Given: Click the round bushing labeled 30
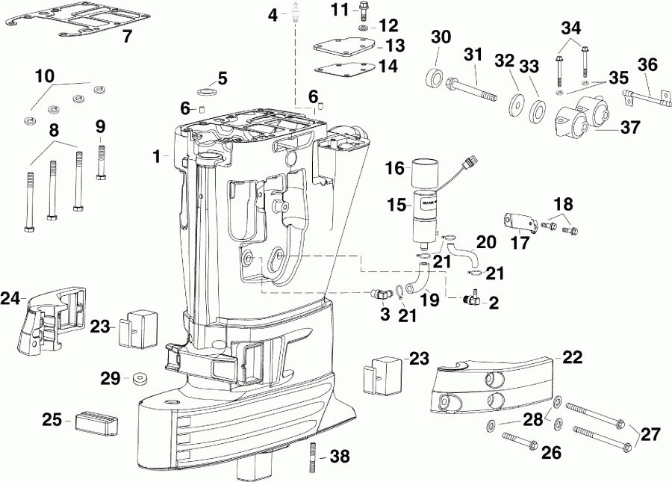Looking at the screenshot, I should click(433, 77).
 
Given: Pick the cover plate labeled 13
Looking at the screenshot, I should click(345, 45).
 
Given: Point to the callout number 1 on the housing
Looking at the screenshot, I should click(157, 156).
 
